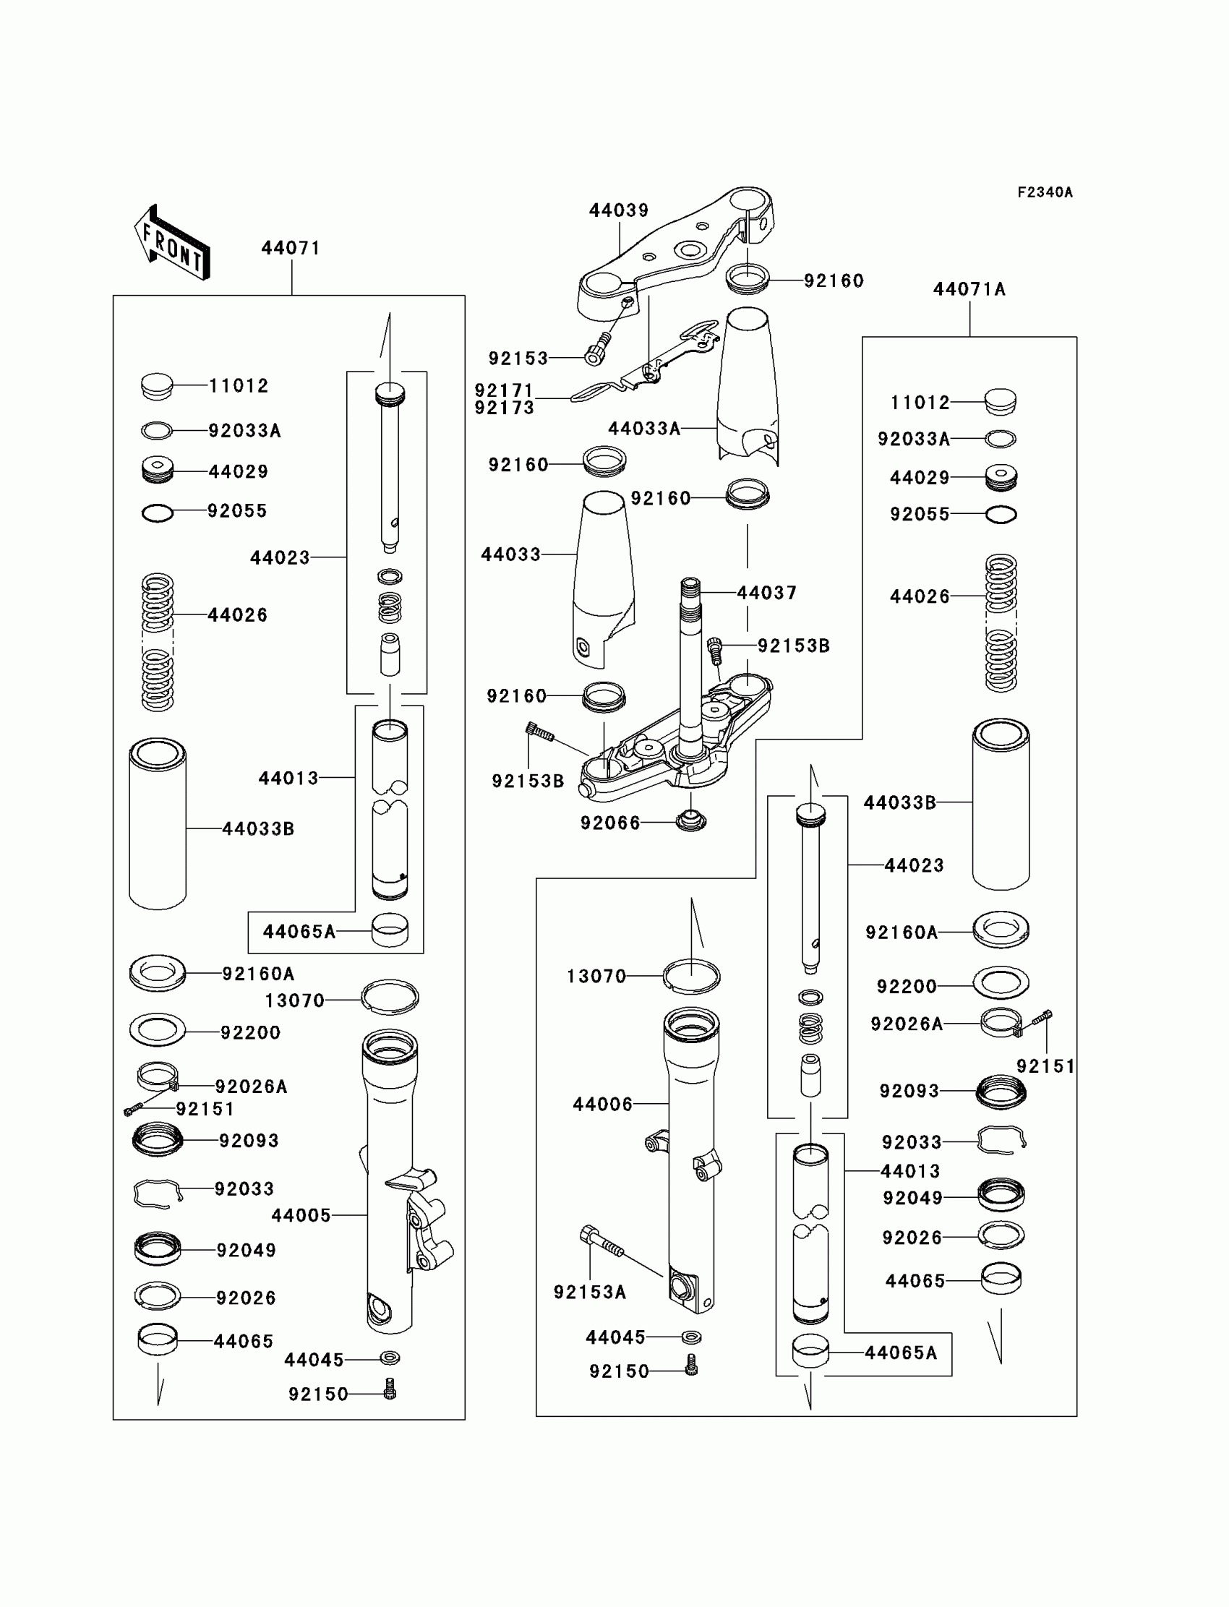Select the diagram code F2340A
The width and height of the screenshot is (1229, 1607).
1045,192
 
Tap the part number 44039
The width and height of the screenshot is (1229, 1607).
619,210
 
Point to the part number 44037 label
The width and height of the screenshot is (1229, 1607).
766,593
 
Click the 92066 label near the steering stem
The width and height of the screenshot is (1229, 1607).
610,823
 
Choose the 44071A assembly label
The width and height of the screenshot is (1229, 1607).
969,290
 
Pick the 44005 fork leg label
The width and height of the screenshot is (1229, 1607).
301,1215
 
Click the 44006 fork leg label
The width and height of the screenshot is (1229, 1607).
603,1104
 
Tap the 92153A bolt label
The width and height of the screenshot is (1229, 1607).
590,1293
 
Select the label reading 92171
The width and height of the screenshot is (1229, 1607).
504,390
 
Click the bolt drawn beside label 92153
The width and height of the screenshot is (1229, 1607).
596,349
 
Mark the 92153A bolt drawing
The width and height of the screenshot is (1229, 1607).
601,1243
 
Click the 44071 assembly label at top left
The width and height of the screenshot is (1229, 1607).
291,249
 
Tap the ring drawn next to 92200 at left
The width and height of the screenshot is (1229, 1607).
158,1031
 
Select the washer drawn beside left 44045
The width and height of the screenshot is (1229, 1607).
390,1358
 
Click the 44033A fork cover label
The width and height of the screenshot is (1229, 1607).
644,429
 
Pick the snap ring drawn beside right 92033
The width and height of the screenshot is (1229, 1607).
1001,1139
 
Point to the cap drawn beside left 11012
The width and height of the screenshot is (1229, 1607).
157,386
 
